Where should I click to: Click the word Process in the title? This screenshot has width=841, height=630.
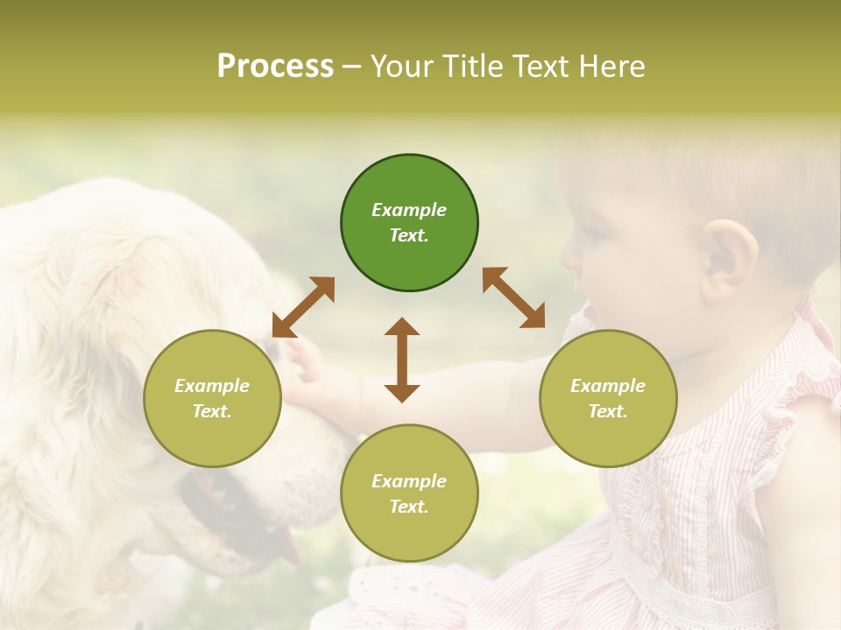tap(275, 66)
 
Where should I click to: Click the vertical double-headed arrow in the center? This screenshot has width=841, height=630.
tap(402, 360)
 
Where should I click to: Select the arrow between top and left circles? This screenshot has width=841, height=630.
tap(303, 307)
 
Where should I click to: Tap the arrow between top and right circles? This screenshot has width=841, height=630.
tap(513, 297)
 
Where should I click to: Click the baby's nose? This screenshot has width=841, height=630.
tap(570, 254)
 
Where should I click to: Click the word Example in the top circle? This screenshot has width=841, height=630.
tap(409, 210)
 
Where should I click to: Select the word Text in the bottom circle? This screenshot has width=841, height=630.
tap(409, 507)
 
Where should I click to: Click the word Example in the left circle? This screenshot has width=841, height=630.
tap(212, 386)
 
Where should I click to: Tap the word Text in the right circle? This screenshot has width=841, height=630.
tap(608, 411)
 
